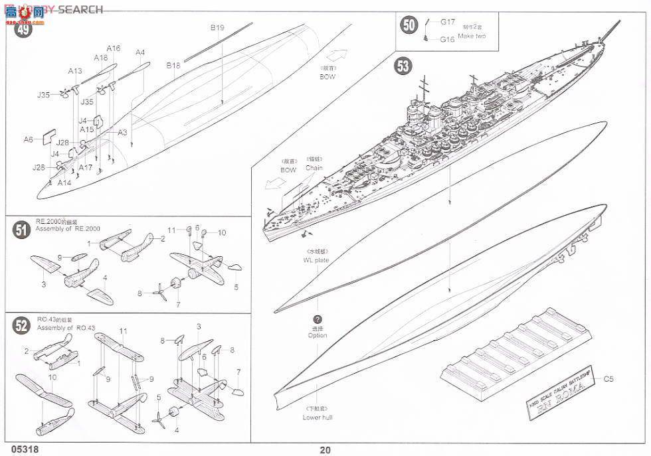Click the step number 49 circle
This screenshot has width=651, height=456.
point(23,30)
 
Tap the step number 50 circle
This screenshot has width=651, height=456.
point(409,25)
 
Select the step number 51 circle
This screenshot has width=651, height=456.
point(22,230)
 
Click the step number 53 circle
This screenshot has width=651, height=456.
point(403,66)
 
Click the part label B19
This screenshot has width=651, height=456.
point(217,28)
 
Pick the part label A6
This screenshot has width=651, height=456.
point(28,139)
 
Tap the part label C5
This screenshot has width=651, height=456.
point(608,380)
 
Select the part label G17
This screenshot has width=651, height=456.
point(447,22)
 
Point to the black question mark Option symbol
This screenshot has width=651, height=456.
point(318,319)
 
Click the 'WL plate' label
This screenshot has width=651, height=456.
point(318,260)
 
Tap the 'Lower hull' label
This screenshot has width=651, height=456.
point(317,418)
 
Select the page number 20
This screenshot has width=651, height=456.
point(325,449)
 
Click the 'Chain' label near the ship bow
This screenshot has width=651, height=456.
point(314,168)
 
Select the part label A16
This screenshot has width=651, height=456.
point(113,48)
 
